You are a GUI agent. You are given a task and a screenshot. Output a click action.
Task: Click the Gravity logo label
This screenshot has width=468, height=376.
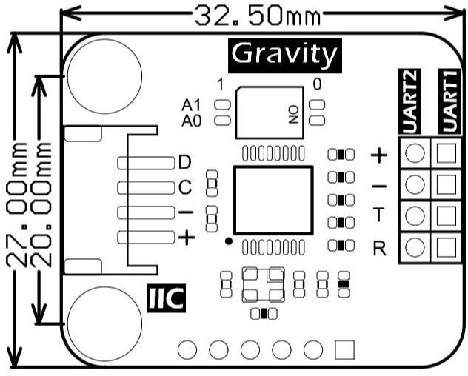click(x=284, y=54)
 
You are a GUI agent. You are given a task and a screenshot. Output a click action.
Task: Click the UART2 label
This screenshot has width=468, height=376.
click(x=412, y=101)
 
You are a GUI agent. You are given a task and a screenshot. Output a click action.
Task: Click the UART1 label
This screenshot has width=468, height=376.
click(x=447, y=101)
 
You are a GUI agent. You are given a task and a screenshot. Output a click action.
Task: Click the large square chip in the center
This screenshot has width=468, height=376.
click(x=273, y=201)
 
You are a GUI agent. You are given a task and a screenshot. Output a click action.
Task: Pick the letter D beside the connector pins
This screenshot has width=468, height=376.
click(x=184, y=162)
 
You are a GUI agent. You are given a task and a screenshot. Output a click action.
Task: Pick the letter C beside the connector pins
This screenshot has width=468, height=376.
click(x=184, y=187)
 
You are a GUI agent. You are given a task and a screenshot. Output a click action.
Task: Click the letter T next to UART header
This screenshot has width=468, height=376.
click(x=379, y=215)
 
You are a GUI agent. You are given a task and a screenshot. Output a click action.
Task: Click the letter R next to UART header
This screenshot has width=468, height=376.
click(x=379, y=247)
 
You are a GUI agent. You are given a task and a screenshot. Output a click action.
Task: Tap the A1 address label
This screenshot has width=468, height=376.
click(x=191, y=105)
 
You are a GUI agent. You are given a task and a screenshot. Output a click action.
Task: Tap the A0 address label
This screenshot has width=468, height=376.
click(x=191, y=120)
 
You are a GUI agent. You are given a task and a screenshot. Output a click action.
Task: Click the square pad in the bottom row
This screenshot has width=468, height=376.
click(x=345, y=348)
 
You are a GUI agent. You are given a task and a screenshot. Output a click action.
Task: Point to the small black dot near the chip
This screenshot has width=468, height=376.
click(x=229, y=241)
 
